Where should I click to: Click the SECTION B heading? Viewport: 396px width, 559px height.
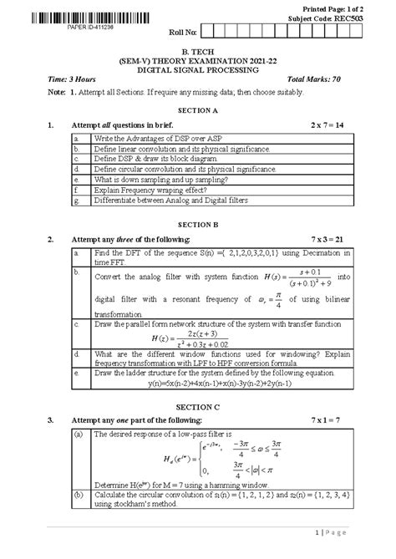[x=198, y=223]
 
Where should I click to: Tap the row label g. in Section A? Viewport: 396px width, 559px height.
[x=76, y=201]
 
